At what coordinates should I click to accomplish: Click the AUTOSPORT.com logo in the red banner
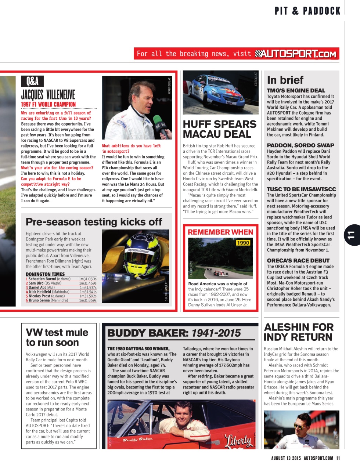pyautogui.click(x=296, y=54)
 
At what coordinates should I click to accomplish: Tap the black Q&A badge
pyautogui.click(x=32, y=81)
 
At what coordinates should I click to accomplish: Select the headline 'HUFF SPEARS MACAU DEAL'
pyautogui.click(x=220, y=129)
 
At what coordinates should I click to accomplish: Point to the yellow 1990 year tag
pyautogui.click(x=243, y=243)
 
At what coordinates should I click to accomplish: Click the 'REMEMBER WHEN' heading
pyautogui.click(x=220, y=232)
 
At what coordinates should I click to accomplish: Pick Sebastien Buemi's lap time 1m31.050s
pyautogui.click(x=87, y=279)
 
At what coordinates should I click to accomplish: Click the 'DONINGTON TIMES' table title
pyautogui.click(x=45, y=274)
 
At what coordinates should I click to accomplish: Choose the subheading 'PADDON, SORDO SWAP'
pyautogui.click(x=300, y=145)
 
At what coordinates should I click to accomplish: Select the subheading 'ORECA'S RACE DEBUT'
pyautogui.click(x=298, y=260)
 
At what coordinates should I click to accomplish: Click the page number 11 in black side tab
pyautogui.click(x=352, y=235)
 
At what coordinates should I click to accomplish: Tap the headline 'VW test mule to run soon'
pyautogui.click(x=57, y=337)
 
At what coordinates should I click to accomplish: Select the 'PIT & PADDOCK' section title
pyautogui.click(x=307, y=11)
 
